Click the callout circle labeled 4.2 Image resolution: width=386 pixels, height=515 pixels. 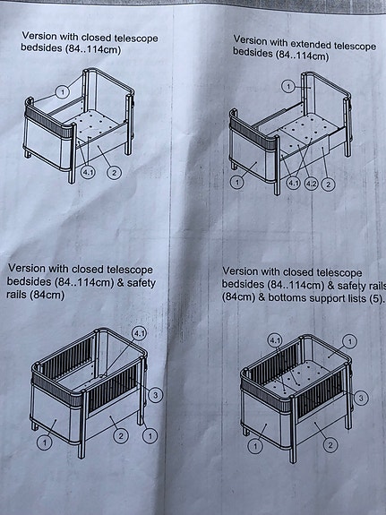[x=310, y=184]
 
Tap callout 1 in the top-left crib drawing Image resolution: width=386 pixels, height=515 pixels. [x=62, y=91]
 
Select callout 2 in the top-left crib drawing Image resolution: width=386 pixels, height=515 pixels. [x=114, y=172]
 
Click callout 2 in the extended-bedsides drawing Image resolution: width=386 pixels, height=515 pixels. [x=328, y=184]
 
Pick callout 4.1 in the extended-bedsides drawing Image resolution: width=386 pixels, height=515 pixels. [x=293, y=184]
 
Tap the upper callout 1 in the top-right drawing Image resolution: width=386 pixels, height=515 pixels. [x=288, y=86]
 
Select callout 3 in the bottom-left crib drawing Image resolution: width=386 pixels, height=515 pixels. [x=155, y=395]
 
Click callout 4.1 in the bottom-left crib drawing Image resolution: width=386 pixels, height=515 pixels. [x=139, y=333]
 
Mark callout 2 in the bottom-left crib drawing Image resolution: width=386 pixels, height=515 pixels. [x=121, y=436]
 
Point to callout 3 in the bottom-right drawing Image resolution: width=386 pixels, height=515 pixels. [x=361, y=396]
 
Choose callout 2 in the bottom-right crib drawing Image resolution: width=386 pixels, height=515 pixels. [x=330, y=444]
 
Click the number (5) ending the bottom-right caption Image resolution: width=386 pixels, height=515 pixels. [x=375, y=298]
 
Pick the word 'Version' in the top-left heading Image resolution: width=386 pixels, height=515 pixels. [x=42, y=37]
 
